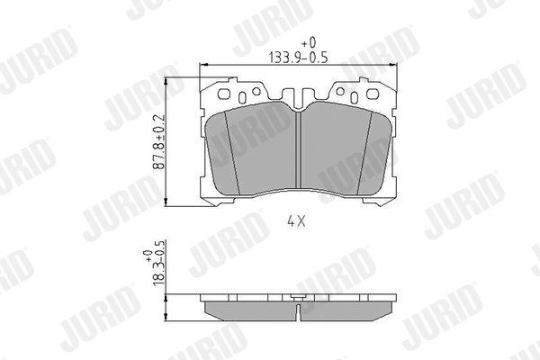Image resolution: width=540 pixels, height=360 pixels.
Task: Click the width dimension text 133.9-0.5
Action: click(x=308, y=57)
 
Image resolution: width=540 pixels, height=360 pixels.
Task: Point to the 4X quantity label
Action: click(x=298, y=219)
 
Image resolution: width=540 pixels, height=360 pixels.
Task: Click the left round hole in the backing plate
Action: click(x=256, y=91)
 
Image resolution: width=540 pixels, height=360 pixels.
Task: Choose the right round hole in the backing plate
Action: click(x=339, y=91)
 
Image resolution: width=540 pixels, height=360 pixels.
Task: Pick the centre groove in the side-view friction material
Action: click(x=298, y=309)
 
